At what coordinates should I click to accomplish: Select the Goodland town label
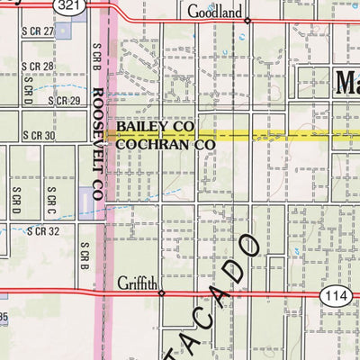point(216,13)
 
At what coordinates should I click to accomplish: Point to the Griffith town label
point(137,283)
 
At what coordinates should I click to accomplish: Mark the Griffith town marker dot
point(161,292)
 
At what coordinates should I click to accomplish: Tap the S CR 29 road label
point(64,101)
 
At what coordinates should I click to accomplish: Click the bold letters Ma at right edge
point(346,83)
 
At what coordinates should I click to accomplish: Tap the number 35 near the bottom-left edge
point(4,316)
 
